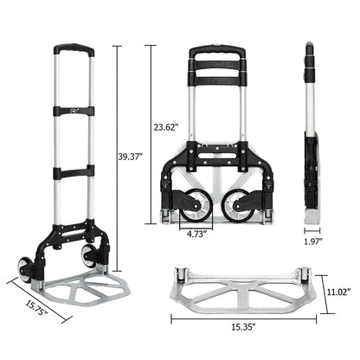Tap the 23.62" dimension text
(166, 127)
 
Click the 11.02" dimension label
(337, 292)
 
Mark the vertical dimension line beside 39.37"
(114, 156)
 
